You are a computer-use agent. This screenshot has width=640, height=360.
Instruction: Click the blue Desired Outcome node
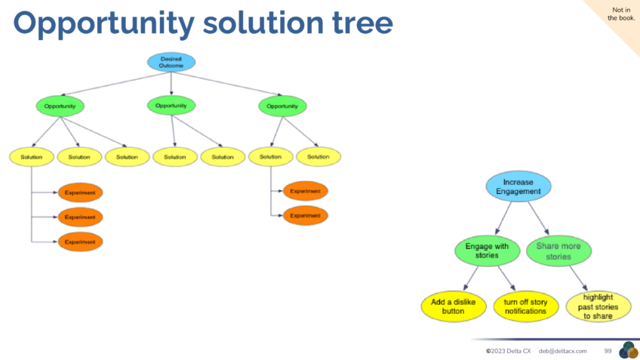171,62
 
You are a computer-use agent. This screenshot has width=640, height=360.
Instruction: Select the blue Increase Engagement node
518,186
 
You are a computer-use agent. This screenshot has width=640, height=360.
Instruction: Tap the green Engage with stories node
487,251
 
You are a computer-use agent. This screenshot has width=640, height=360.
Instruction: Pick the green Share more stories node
558,251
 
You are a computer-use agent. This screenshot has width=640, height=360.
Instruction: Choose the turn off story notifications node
525,306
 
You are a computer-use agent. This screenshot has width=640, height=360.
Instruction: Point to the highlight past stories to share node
600,306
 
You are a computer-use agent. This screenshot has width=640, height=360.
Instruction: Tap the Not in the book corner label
621,14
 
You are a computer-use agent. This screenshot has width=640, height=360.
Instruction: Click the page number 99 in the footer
608,351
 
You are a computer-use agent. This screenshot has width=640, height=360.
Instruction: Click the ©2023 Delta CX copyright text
508,351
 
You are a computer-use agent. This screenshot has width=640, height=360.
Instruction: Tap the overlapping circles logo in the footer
628,350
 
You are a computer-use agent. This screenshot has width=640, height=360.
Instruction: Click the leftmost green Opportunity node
60,106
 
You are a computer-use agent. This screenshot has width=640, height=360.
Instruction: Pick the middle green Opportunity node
171,106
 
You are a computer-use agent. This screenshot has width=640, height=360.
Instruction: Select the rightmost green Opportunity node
282,106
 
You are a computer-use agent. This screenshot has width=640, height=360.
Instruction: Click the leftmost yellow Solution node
32,157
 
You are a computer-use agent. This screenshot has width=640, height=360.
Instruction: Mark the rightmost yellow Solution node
318,157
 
